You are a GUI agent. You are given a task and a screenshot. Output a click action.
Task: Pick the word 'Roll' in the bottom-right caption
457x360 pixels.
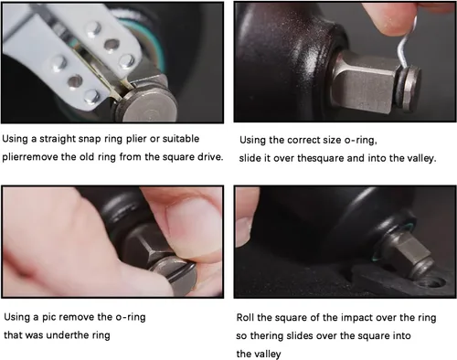point(245,318)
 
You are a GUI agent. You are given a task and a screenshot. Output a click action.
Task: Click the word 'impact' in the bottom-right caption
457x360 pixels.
point(356,318)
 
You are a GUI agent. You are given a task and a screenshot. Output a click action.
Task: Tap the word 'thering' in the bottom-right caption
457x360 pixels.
point(268,336)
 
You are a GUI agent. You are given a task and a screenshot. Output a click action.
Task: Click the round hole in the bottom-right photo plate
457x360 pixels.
point(431,282)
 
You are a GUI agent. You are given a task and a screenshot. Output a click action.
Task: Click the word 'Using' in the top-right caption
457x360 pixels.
point(252,141)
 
